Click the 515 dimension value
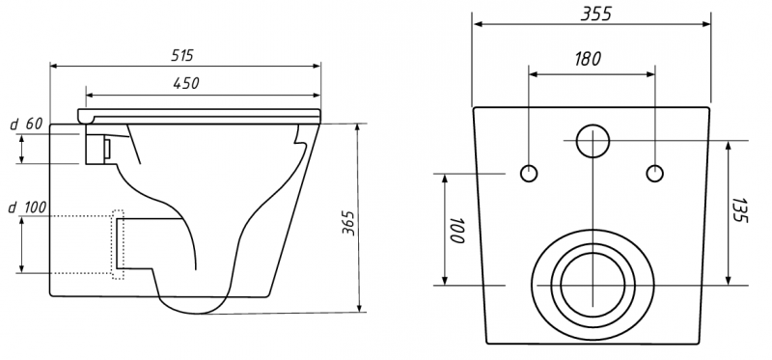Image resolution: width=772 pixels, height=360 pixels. point(182,55)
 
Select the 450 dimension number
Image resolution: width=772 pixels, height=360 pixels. point(186,83)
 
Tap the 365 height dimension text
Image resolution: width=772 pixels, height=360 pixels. point(348,223)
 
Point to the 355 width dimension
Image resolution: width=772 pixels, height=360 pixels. point(595,14)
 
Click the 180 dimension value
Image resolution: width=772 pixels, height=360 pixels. point(588,59)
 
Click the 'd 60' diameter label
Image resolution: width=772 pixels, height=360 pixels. point(26,125)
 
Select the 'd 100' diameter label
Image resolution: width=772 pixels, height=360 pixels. point(28,208)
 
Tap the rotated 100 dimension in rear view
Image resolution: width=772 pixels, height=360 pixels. point(456,230)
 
